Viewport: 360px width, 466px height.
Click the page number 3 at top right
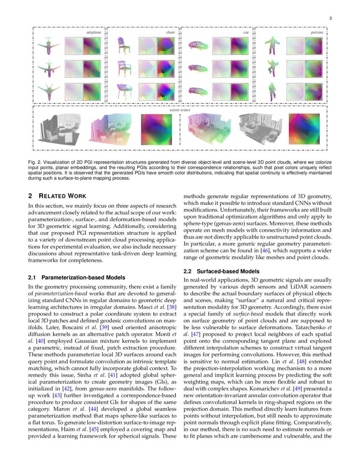[330, 18]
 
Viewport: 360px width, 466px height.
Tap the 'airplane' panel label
[94, 32]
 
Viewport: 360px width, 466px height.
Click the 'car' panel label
[246, 32]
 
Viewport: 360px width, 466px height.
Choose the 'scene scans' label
[180, 110]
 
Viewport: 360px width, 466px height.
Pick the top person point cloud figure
[271, 45]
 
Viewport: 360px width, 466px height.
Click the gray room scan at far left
[57, 128]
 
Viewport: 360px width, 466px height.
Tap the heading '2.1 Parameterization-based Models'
[76, 277]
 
